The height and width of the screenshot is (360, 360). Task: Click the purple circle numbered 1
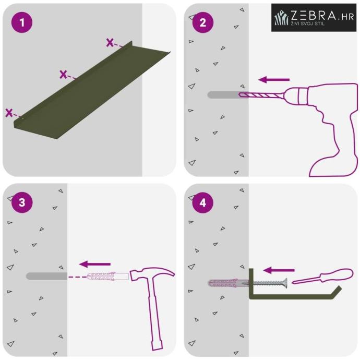tap(22, 22)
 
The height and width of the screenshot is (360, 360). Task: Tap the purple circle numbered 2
tap(203, 22)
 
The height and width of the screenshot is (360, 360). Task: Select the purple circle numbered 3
tap(22, 202)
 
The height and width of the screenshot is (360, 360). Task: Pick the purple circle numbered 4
tap(203, 202)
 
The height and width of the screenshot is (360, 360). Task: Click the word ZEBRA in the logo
tap(314, 15)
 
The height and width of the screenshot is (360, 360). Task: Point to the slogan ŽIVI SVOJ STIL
tap(308, 23)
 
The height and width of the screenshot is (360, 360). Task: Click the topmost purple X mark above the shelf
tap(110, 42)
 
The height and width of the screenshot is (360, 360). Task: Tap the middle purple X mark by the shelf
tap(63, 75)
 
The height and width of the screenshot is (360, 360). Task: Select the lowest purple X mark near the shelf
tap(9, 113)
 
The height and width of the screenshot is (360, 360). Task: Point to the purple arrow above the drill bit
tap(274, 80)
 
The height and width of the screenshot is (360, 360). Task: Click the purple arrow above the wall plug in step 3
tap(95, 264)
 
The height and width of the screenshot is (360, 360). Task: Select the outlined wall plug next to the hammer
tap(108, 276)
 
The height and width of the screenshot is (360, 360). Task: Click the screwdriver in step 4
tap(322, 277)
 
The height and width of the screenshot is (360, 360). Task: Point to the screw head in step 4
tap(285, 283)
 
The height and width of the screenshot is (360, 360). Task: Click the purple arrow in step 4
tap(279, 270)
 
